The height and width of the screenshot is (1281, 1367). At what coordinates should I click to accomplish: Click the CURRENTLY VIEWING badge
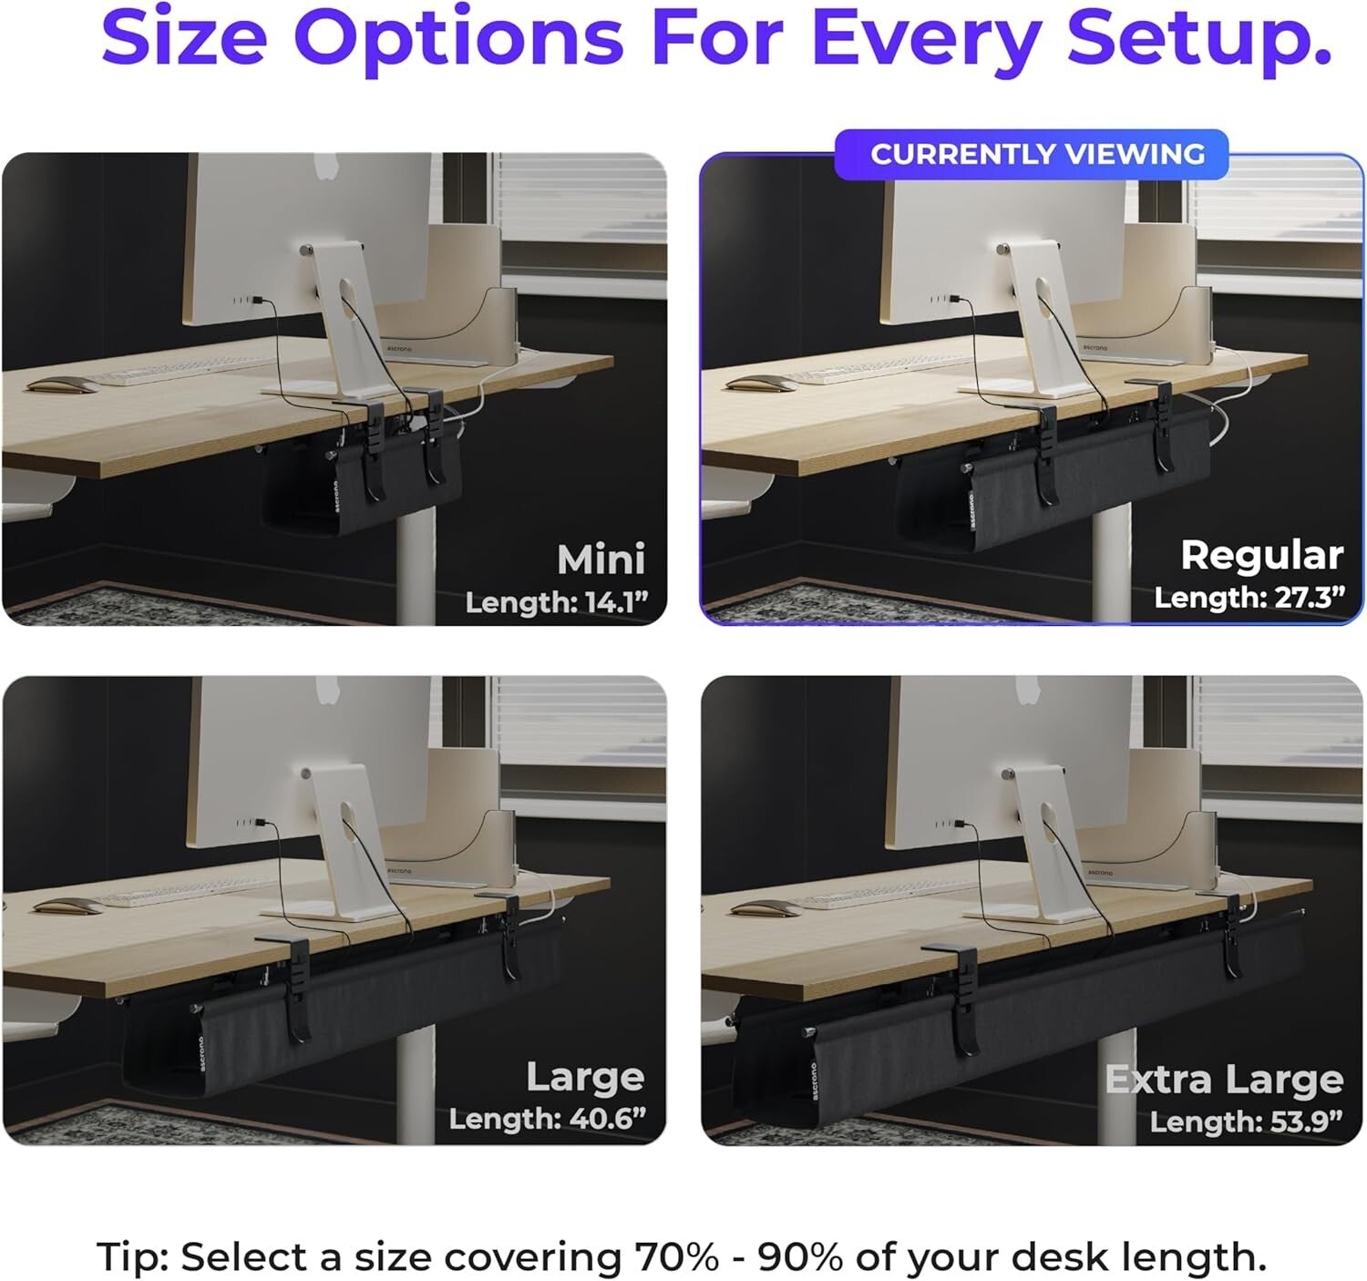coord(1036,155)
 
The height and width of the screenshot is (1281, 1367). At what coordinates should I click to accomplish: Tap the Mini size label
coord(601,559)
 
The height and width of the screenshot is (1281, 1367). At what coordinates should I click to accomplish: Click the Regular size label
coord(1261,555)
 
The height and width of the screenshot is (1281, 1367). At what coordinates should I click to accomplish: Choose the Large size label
coord(585,1077)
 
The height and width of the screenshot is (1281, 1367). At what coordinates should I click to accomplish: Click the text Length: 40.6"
coord(547,1118)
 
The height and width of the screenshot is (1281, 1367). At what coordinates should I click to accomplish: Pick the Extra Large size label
coord(1224,1080)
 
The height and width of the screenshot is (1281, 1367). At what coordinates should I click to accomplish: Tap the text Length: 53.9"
coord(1246,1121)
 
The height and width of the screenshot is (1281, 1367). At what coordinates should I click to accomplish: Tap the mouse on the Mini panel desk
coord(60,385)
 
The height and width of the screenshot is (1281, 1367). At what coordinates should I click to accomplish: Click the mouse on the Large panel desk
coord(68,908)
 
